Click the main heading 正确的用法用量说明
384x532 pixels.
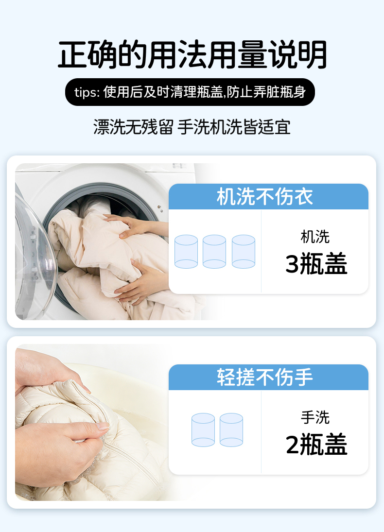point(192,54)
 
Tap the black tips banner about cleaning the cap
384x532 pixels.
point(190,92)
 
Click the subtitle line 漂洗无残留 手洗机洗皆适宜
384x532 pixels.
point(192,127)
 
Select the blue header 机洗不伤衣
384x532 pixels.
point(268,196)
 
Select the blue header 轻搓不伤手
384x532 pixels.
point(268,378)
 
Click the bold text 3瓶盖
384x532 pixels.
point(316,264)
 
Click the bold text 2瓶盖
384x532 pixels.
point(316,444)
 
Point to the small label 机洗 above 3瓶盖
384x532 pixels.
point(315,237)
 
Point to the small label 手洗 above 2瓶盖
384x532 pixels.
point(315,417)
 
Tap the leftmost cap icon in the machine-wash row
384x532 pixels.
point(186,251)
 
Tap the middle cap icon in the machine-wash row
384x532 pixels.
point(214,251)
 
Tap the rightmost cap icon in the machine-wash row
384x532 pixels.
point(244,251)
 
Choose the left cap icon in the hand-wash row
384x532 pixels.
point(203,429)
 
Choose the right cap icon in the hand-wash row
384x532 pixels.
point(231,429)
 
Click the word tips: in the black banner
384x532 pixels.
point(87,92)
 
